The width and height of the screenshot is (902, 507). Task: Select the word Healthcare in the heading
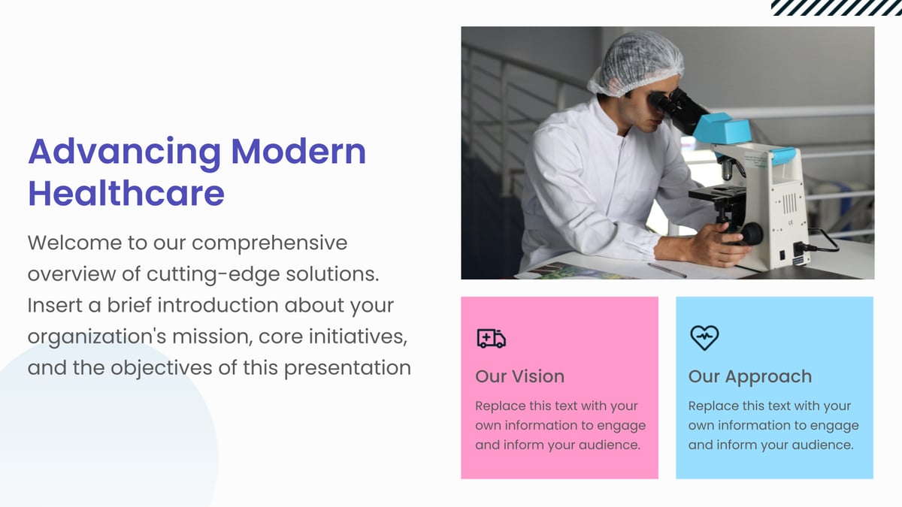point(126,193)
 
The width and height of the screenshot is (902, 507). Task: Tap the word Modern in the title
point(298,152)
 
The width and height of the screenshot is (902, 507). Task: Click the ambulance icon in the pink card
point(491,339)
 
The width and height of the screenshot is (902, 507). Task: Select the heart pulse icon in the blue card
point(704,338)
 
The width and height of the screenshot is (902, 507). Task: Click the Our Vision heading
point(519,376)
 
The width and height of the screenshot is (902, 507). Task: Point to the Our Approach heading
point(749,376)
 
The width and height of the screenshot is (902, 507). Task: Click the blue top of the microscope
point(722,129)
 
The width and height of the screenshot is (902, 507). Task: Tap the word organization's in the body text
point(97,337)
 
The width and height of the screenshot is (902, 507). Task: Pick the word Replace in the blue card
point(713,406)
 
